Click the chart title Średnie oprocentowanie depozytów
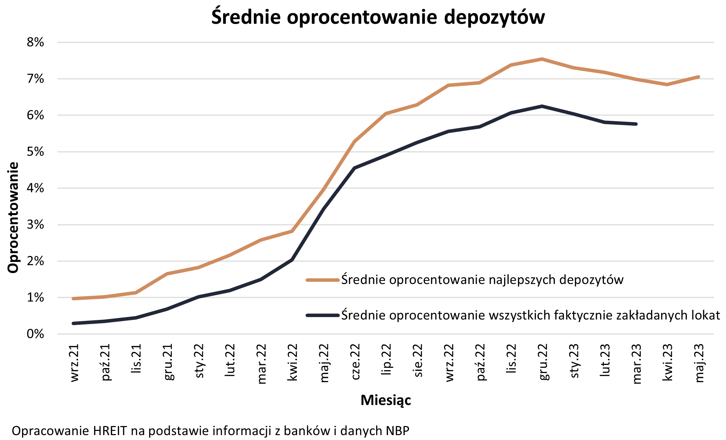pos(378,17)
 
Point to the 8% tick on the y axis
pos(36,43)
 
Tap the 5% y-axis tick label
pos(36,152)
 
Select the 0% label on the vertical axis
pos(36,334)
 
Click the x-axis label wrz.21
pos(74,363)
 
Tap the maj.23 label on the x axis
pos(699,363)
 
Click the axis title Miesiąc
pos(386,400)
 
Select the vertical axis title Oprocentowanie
pos(13,217)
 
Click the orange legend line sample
pos(323,280)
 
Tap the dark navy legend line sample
pos(323,315)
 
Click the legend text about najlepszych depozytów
pos(482,280)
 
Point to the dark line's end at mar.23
pos(636,124)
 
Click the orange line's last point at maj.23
pos(698,77)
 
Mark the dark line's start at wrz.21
pos(73,323)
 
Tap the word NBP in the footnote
pos(397,431)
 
